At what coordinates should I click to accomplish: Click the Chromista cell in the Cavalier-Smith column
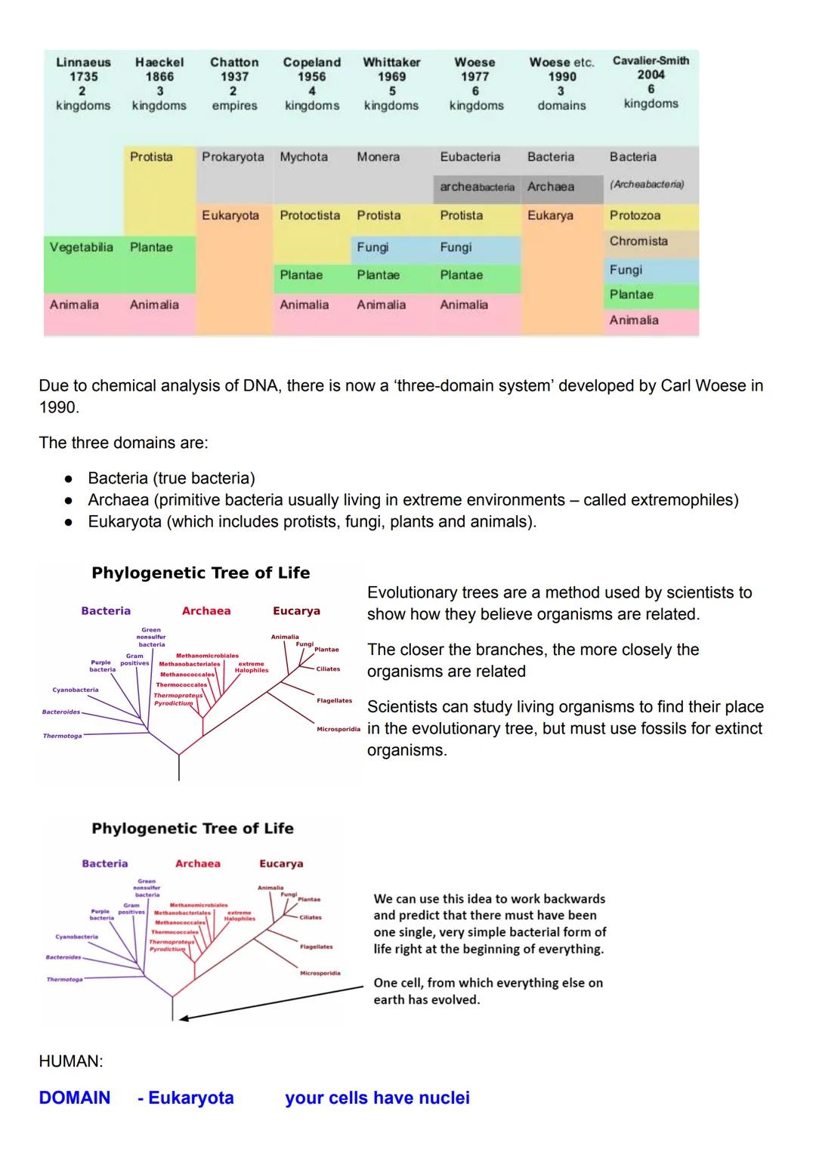(638, 241)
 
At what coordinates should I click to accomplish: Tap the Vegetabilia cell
(81, 247)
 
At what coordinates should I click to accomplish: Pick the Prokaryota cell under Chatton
(233, 157)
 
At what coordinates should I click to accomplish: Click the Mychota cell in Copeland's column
(304, 157)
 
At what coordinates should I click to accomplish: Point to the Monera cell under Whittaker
(378, 157)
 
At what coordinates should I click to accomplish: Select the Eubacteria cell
(470, 157)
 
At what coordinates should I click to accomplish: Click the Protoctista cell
(310, 215)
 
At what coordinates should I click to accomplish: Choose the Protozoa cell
(635, 215)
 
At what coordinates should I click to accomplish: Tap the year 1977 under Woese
(474, 77)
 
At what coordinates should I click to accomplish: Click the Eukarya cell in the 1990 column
(550, 215)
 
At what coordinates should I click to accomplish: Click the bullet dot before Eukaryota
(68, 522)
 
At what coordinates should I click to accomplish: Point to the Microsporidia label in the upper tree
(338, 730)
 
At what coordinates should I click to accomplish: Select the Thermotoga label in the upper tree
(62, 736)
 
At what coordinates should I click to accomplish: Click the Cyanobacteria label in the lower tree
(76, 937)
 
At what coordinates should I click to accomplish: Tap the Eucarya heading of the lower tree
(281, 863)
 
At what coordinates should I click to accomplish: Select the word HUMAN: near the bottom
(70, 1061)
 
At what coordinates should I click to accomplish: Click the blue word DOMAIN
(74, 1098)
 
